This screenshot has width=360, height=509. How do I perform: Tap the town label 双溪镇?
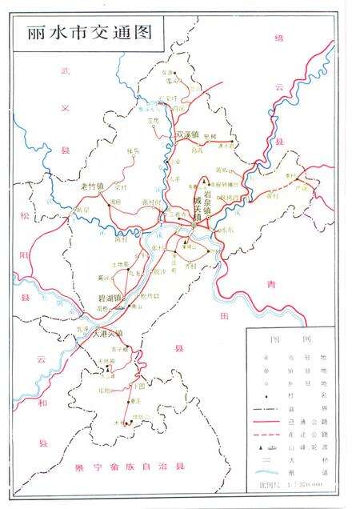(x=187, y=134)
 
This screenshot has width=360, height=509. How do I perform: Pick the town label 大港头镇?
(x=108, y=333)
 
